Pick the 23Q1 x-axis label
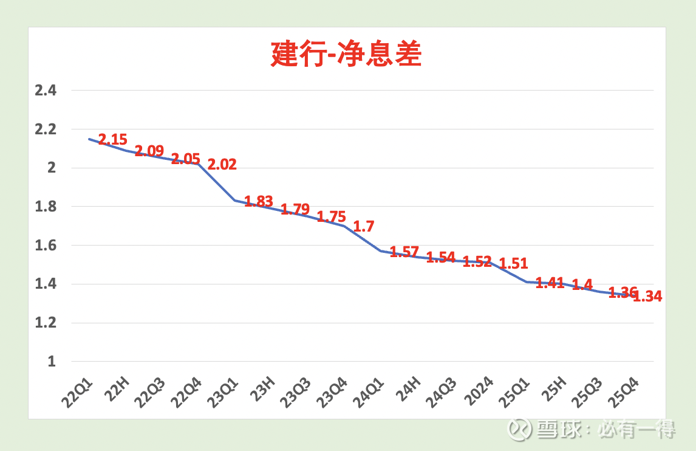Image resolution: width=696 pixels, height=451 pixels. coord(223,390)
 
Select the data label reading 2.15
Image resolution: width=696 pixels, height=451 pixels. coord(113,139)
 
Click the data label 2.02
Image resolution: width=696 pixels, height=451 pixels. coord(222,164)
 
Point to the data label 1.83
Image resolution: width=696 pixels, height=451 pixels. coord(259,201)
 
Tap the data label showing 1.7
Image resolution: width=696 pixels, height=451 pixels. coord(364,227)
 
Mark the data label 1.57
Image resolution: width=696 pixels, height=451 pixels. coord(404,252)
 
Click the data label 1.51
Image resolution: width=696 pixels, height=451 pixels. coord(514,264)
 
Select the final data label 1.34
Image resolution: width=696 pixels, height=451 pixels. coord(647,297)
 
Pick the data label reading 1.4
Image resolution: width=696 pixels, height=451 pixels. coord(582,284)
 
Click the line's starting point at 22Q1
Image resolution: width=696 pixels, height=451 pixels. coord(89,139)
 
